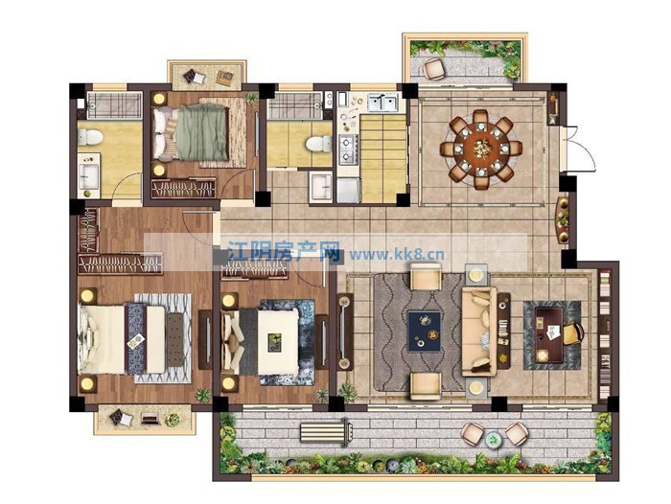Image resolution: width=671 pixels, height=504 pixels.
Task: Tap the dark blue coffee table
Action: tap(424, 332)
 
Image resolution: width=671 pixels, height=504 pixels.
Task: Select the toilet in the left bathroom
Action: tap(90, 137)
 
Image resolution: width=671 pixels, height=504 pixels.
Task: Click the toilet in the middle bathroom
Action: tap(319, 143)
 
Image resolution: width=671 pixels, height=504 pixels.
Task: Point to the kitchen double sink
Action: tap(383, 103)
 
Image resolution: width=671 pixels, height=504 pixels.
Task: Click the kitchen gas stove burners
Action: tap(348, 149)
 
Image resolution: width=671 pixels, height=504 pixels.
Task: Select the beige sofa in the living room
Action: tap(479, 332)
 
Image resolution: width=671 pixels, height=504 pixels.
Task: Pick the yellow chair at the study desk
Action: tap(573, 332)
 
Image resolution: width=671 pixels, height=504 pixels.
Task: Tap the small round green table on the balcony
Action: tap(494, 439)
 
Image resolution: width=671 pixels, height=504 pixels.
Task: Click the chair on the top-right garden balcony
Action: tap(434, 68)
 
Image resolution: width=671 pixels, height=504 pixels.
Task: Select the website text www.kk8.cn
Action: tap(397, 256)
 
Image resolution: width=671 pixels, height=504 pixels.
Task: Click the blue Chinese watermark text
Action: tap(284, 251)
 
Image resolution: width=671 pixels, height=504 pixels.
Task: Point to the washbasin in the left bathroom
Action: tap(89, 174)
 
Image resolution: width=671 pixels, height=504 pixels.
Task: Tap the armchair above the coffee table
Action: tap(426, 276)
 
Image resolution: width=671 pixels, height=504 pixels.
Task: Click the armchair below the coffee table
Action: tap(426, 386)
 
